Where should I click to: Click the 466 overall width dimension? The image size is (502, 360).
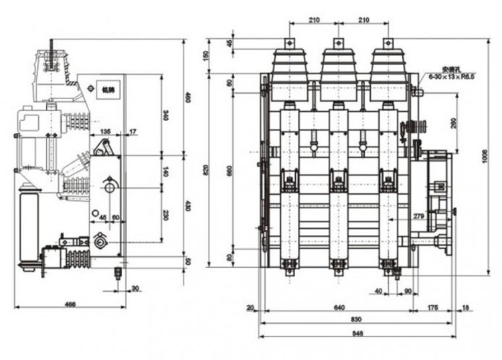click(x=70, y=304)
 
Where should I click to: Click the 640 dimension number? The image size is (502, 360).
click(x=339, y=308)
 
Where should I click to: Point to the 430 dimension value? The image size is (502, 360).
click(x=188, y=207)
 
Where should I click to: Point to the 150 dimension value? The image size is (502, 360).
click(x=206, y=56)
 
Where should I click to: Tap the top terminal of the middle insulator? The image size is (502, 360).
click(x=339, y=43)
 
